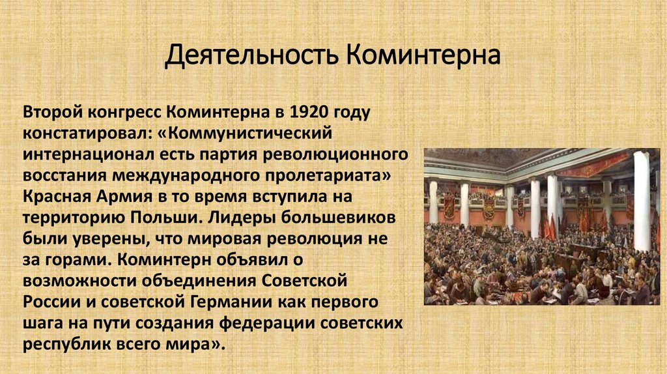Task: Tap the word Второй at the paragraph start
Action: point(52,112)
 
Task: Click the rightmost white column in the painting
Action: point(641,199)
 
